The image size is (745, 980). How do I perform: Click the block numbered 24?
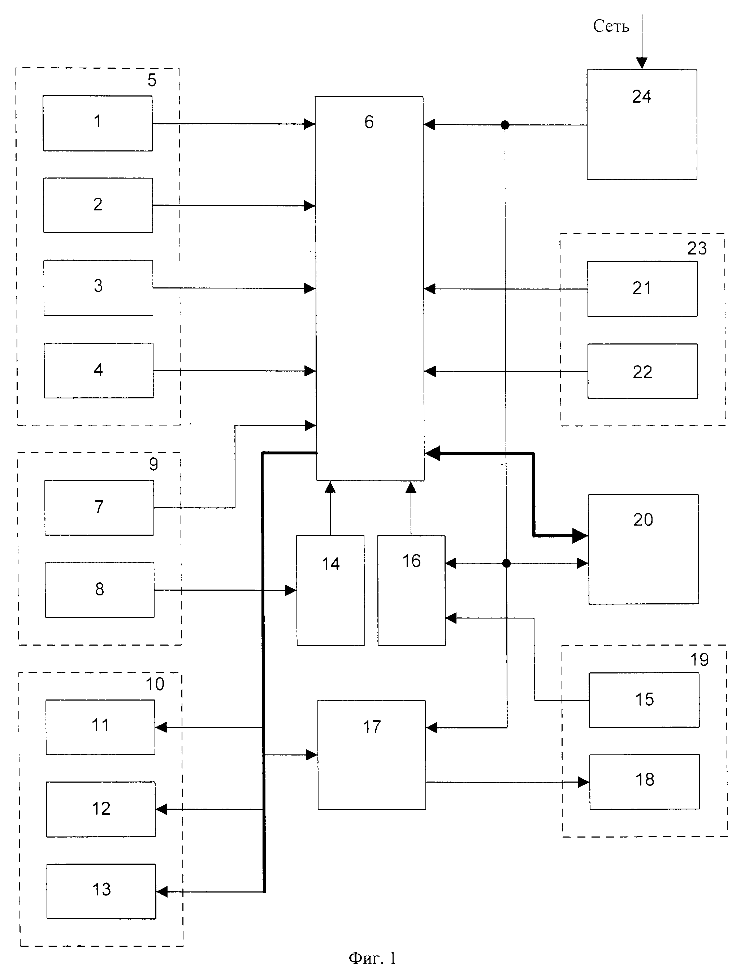(x=642, y=124)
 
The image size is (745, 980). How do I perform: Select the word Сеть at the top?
(x=611, y=27)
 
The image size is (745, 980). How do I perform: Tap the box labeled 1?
(x=98, y=123)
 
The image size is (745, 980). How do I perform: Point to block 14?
(x=330, y=590)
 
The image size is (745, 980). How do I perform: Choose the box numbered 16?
(x=411, y=590)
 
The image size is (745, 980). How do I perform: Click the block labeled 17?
(x=372, y=754)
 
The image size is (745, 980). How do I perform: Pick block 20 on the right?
(x=643, y=549)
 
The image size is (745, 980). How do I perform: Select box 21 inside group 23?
(x=642, y=289)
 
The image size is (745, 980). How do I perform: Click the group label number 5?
(x=152, y=80)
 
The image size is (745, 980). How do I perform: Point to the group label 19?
(x=699, y=660)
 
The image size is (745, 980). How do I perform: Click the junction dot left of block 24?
(x=504, y=125)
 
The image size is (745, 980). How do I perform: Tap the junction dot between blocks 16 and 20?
(x=506, y=564)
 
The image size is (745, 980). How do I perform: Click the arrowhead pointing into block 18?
(x=584, y=782)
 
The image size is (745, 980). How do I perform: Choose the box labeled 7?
(x=99, y=507)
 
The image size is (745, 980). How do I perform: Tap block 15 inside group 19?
(x=644, y=700)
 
